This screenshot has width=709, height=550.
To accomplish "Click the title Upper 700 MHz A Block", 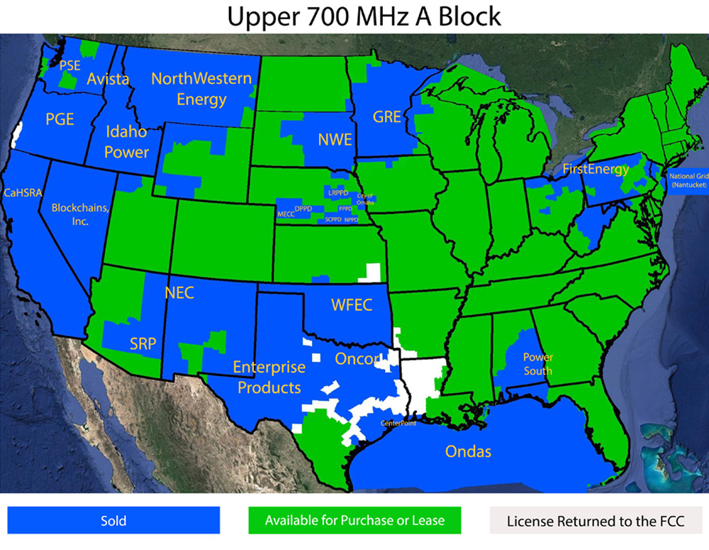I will point(364,16).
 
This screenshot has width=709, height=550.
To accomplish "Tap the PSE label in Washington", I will point(70,65).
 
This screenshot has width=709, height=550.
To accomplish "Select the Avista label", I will point(108,79).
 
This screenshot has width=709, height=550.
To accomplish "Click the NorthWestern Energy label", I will point(201,89).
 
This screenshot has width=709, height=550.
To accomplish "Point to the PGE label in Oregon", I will point(60,119).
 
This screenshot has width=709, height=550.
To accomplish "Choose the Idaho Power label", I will point(127,142).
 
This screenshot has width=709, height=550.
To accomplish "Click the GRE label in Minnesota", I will point(387,117).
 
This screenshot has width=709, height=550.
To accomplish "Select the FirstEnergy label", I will point(596,169).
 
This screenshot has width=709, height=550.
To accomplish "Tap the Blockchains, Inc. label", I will point(80,214).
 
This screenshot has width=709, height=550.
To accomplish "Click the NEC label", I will point(179,293).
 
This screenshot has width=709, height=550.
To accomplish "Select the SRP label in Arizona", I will point(143,344).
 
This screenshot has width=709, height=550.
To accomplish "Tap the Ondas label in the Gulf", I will point(468,451).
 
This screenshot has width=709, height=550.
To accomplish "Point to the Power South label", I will point(537,364).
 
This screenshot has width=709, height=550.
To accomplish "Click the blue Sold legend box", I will point(113,520).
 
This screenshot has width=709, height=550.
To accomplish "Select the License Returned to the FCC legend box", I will point(596,520).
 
